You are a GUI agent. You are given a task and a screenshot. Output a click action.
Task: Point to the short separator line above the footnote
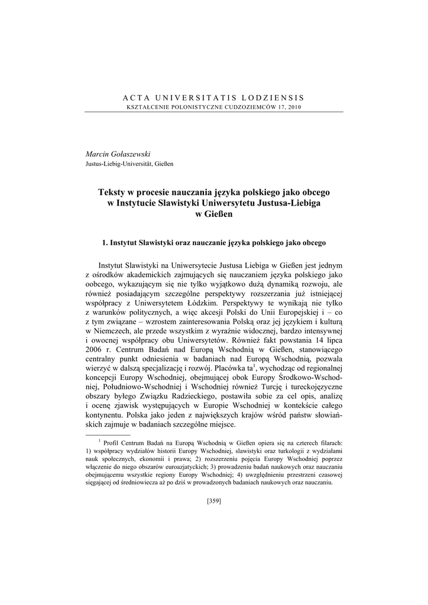108,434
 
